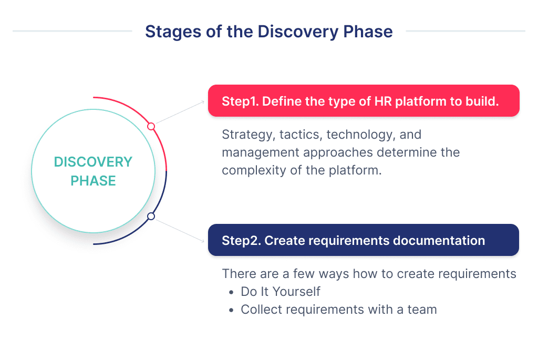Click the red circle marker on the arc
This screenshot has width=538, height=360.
pyautogui.click(x=151, y=126)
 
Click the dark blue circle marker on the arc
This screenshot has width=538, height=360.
pyautogui.click(x=151, y=216)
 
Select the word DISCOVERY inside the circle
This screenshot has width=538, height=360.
pyautogui.click(x=93, y=162)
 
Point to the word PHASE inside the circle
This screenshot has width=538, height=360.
pyautogui.click(x=93, y=181)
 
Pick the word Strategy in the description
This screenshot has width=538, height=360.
pyautogui.click(x=245, y=135)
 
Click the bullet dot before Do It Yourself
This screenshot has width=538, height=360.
pyautogui.click(x=232, y=292)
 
